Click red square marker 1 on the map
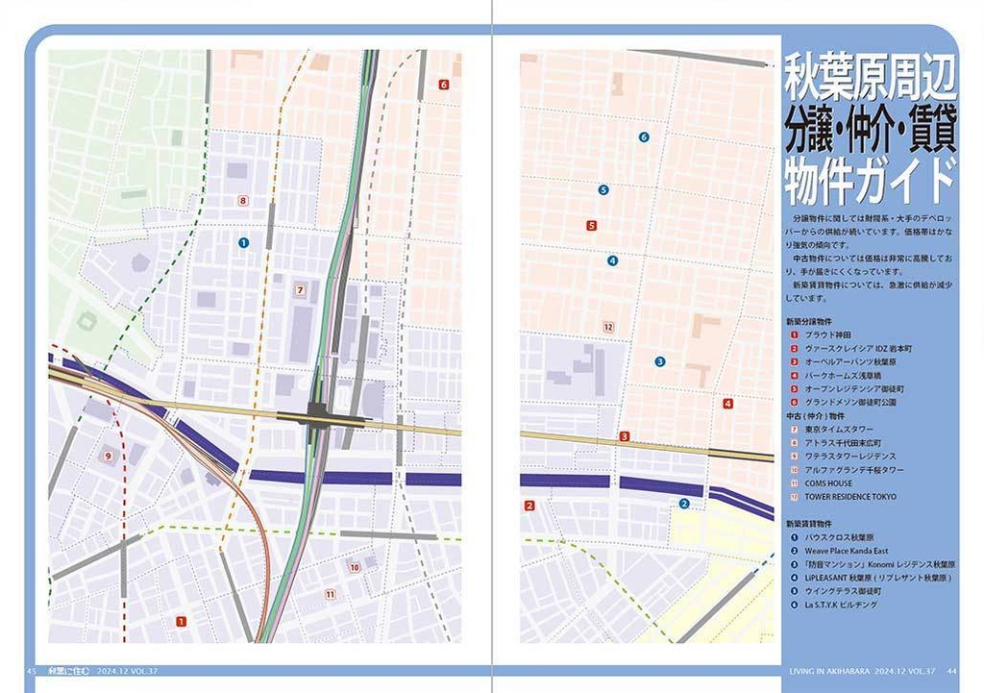tap(181, 622)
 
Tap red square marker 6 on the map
tap(443, 85)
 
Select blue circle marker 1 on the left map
tap(243, 243)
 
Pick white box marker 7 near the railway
tap(300, 289)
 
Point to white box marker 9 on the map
tap(108, 456)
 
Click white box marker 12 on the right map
tap(607, 327)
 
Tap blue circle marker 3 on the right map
tap(659, 361)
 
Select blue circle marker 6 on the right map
tap(644, 137)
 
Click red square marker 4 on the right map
tap(728, 404)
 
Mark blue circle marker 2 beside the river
tap(684, 503)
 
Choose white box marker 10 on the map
tap(355, 567)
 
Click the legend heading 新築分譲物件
tap(808, 321)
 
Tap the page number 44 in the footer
tap(951, 671)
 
